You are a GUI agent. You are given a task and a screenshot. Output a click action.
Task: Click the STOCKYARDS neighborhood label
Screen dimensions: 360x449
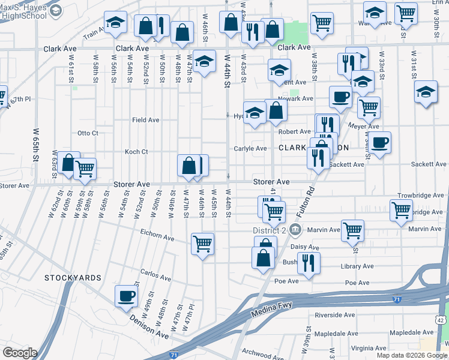click(73, 278)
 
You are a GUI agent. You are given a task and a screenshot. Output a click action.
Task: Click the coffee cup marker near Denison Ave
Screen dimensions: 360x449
click(126, 296)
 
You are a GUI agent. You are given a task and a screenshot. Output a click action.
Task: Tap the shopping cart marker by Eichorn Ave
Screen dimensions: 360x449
click(203, 244)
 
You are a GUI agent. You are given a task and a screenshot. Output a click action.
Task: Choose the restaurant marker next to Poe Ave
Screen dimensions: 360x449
click(309, 263)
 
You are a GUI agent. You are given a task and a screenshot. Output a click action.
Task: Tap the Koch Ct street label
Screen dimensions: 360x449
click(136, 152)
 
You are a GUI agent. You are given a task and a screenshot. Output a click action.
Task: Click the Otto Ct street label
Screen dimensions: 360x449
click(88, 133)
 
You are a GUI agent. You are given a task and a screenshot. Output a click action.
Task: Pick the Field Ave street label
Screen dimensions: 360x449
click(146, 120)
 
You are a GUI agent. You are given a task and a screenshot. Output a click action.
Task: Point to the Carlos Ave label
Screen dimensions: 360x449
click(156, 277)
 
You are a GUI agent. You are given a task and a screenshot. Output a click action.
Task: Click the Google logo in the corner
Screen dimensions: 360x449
click(20, 352)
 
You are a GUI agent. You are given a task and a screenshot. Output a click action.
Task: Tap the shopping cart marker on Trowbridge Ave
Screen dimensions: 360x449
click(401, 211)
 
